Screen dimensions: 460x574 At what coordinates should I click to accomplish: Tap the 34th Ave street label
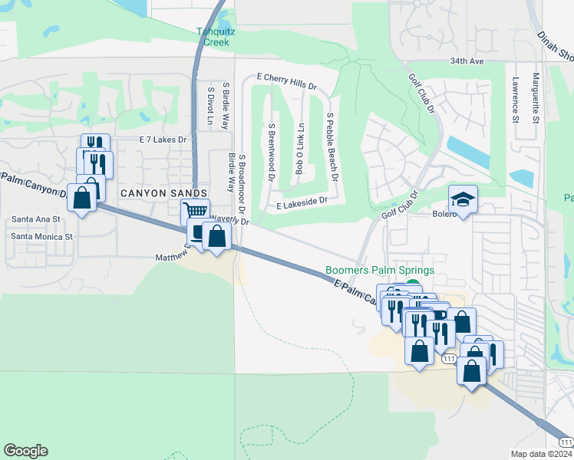[467, 61]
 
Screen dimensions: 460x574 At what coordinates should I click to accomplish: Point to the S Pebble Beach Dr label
[332, 146]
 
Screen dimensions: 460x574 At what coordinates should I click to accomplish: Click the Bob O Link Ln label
[301, 148]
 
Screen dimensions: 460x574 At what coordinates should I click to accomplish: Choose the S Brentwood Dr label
[272, 152]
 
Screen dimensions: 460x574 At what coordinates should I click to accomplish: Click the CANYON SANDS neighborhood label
[163, 193]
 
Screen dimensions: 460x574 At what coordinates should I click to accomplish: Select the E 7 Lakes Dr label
[163, 140]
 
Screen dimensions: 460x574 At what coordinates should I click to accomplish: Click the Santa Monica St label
[41, 237]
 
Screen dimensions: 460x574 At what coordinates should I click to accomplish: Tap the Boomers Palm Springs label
[380, 270]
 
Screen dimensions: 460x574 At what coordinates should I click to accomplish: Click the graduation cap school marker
[463, 199]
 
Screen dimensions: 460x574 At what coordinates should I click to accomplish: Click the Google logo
[25, 451]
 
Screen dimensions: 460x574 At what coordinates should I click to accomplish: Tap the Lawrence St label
[515, 98]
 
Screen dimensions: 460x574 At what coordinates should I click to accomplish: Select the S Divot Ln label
[209, 106]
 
